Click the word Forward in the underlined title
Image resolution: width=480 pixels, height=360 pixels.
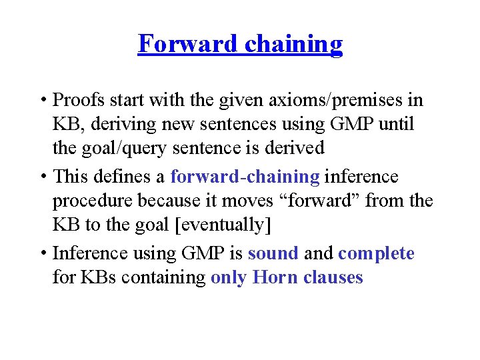click(x=187, y=44)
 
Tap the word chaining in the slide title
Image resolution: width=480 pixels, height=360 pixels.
click(x=293, y=44)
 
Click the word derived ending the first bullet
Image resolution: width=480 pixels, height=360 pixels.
click(x=291, y=148)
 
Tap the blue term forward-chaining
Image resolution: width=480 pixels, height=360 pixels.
click(x=245, y=177)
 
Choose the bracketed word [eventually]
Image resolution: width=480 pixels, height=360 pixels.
click(x=223, y=225)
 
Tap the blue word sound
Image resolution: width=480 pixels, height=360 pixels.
click(x=273, y=253)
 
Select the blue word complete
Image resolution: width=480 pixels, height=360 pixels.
click(x=376, y=253)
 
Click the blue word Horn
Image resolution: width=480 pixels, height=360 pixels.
click(x=275, y=277)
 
